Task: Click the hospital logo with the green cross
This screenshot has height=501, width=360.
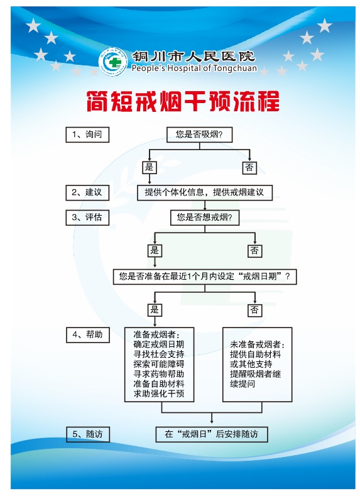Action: click(x=112, y=62)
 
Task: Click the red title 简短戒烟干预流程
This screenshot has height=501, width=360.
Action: click(x=183, y=101)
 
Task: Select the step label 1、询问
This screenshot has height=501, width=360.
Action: click(x=87, y=135)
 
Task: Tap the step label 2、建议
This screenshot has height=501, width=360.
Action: click(x=87, y=192)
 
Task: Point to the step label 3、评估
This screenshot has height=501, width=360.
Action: click(x=87, y=217)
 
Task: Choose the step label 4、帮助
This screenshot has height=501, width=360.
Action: click(x=88, y=335)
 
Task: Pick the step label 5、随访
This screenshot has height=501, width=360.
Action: click(x=88, y=434)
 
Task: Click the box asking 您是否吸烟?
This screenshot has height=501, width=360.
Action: click(x=199, y=135)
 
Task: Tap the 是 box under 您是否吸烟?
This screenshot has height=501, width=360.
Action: click(x=150, y=167)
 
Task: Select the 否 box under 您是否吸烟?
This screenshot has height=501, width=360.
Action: click(x=249, y=167)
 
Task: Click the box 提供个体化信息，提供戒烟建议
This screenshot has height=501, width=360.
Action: click(x=205, y=192)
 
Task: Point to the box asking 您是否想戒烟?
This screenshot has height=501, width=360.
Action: click(x=205, y=217)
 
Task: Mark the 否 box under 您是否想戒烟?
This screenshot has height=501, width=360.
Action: click(x=254, y=251)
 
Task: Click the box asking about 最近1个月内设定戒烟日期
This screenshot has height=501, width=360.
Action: click(x=205, y=277)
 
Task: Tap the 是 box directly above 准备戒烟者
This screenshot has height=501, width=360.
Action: click(x=155, y=310)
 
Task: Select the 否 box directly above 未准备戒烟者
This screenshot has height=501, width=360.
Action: click(x=254, y=310)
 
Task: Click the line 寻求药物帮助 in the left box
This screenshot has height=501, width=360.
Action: click(x=159, y=374)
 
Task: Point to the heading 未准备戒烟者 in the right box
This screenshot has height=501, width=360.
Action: click(x=257, y=344)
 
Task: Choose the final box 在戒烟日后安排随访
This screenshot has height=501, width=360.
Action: click(x=212, y=434)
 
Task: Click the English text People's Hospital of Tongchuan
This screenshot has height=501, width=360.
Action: click(x=194, y=69)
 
